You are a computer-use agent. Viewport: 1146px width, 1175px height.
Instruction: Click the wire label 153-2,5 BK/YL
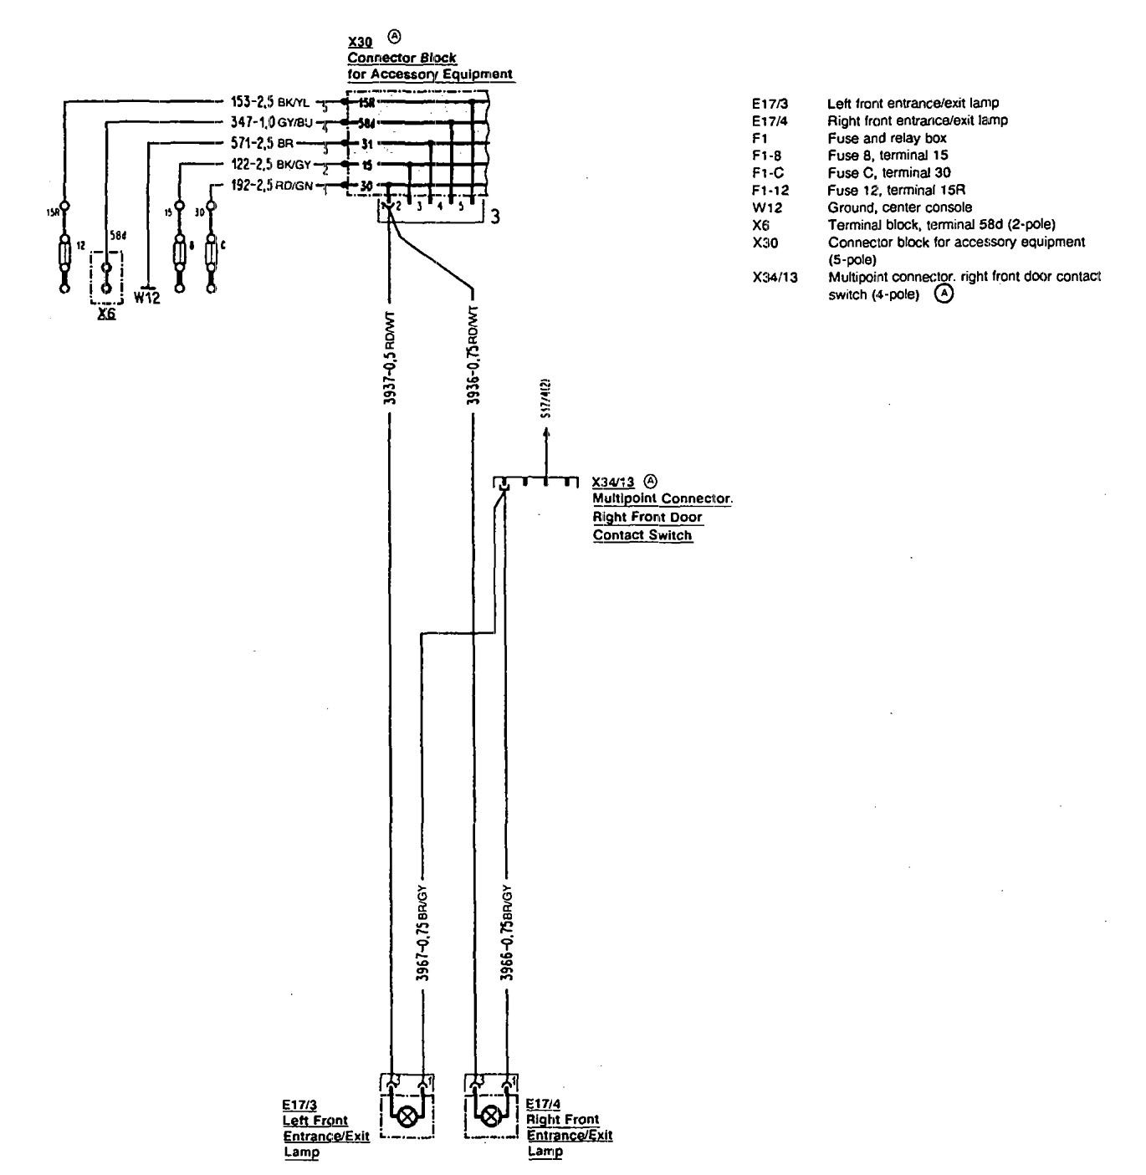click(x=269, y=103)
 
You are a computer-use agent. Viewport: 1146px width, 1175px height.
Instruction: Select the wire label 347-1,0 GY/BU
click(x=270, y=123)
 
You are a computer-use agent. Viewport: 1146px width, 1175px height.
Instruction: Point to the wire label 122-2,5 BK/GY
click(x=270, y=165)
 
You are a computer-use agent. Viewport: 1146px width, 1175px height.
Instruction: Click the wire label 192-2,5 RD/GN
click(x=271, y=186)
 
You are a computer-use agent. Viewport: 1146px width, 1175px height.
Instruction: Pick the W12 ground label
click(x=146, y=298)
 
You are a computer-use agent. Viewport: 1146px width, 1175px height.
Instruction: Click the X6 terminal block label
click(x=106, y=314)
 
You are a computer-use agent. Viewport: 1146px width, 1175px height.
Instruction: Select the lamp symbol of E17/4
click(x=491, y=1116)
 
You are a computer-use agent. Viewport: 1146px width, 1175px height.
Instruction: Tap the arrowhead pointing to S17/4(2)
click(x=546, y=433)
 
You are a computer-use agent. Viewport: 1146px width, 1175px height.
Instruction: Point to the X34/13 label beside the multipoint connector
click(x=613, y=483)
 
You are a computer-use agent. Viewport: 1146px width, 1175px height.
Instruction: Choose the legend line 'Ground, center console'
click(x=900, y=207)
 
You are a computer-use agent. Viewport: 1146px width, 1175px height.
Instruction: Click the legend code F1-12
click(x=766, y=190)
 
